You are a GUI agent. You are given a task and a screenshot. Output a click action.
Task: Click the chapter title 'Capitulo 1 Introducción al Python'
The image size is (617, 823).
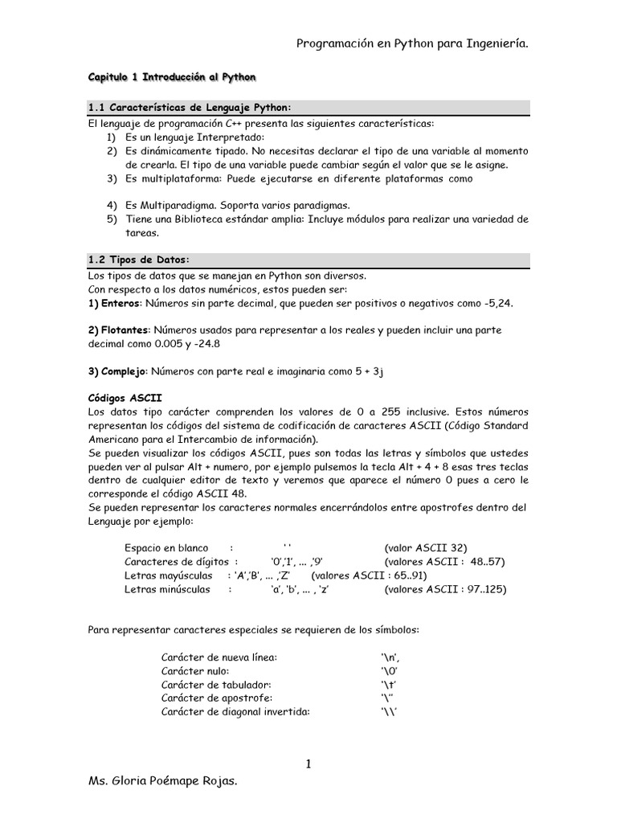point(171,78)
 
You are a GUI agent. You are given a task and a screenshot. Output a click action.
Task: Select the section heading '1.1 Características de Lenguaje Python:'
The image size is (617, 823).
point(189,108)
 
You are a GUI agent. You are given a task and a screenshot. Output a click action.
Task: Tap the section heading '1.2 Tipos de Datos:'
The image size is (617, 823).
point(137,259)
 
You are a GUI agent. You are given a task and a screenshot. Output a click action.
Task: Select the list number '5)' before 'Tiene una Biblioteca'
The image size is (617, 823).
point(112,219)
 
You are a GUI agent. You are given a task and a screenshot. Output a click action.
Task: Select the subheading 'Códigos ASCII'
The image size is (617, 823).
point(125,399)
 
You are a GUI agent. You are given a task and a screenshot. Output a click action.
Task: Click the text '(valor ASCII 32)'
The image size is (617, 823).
point(431,547)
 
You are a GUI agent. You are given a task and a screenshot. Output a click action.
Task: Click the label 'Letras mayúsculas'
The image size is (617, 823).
point(168,575)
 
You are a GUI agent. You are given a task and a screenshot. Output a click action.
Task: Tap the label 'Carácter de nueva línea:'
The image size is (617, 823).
point(219,657)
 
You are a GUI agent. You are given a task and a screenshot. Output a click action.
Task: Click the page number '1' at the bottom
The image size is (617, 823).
point(308,764)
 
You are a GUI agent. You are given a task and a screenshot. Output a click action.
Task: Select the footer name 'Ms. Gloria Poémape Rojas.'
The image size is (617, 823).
point(161,803)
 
